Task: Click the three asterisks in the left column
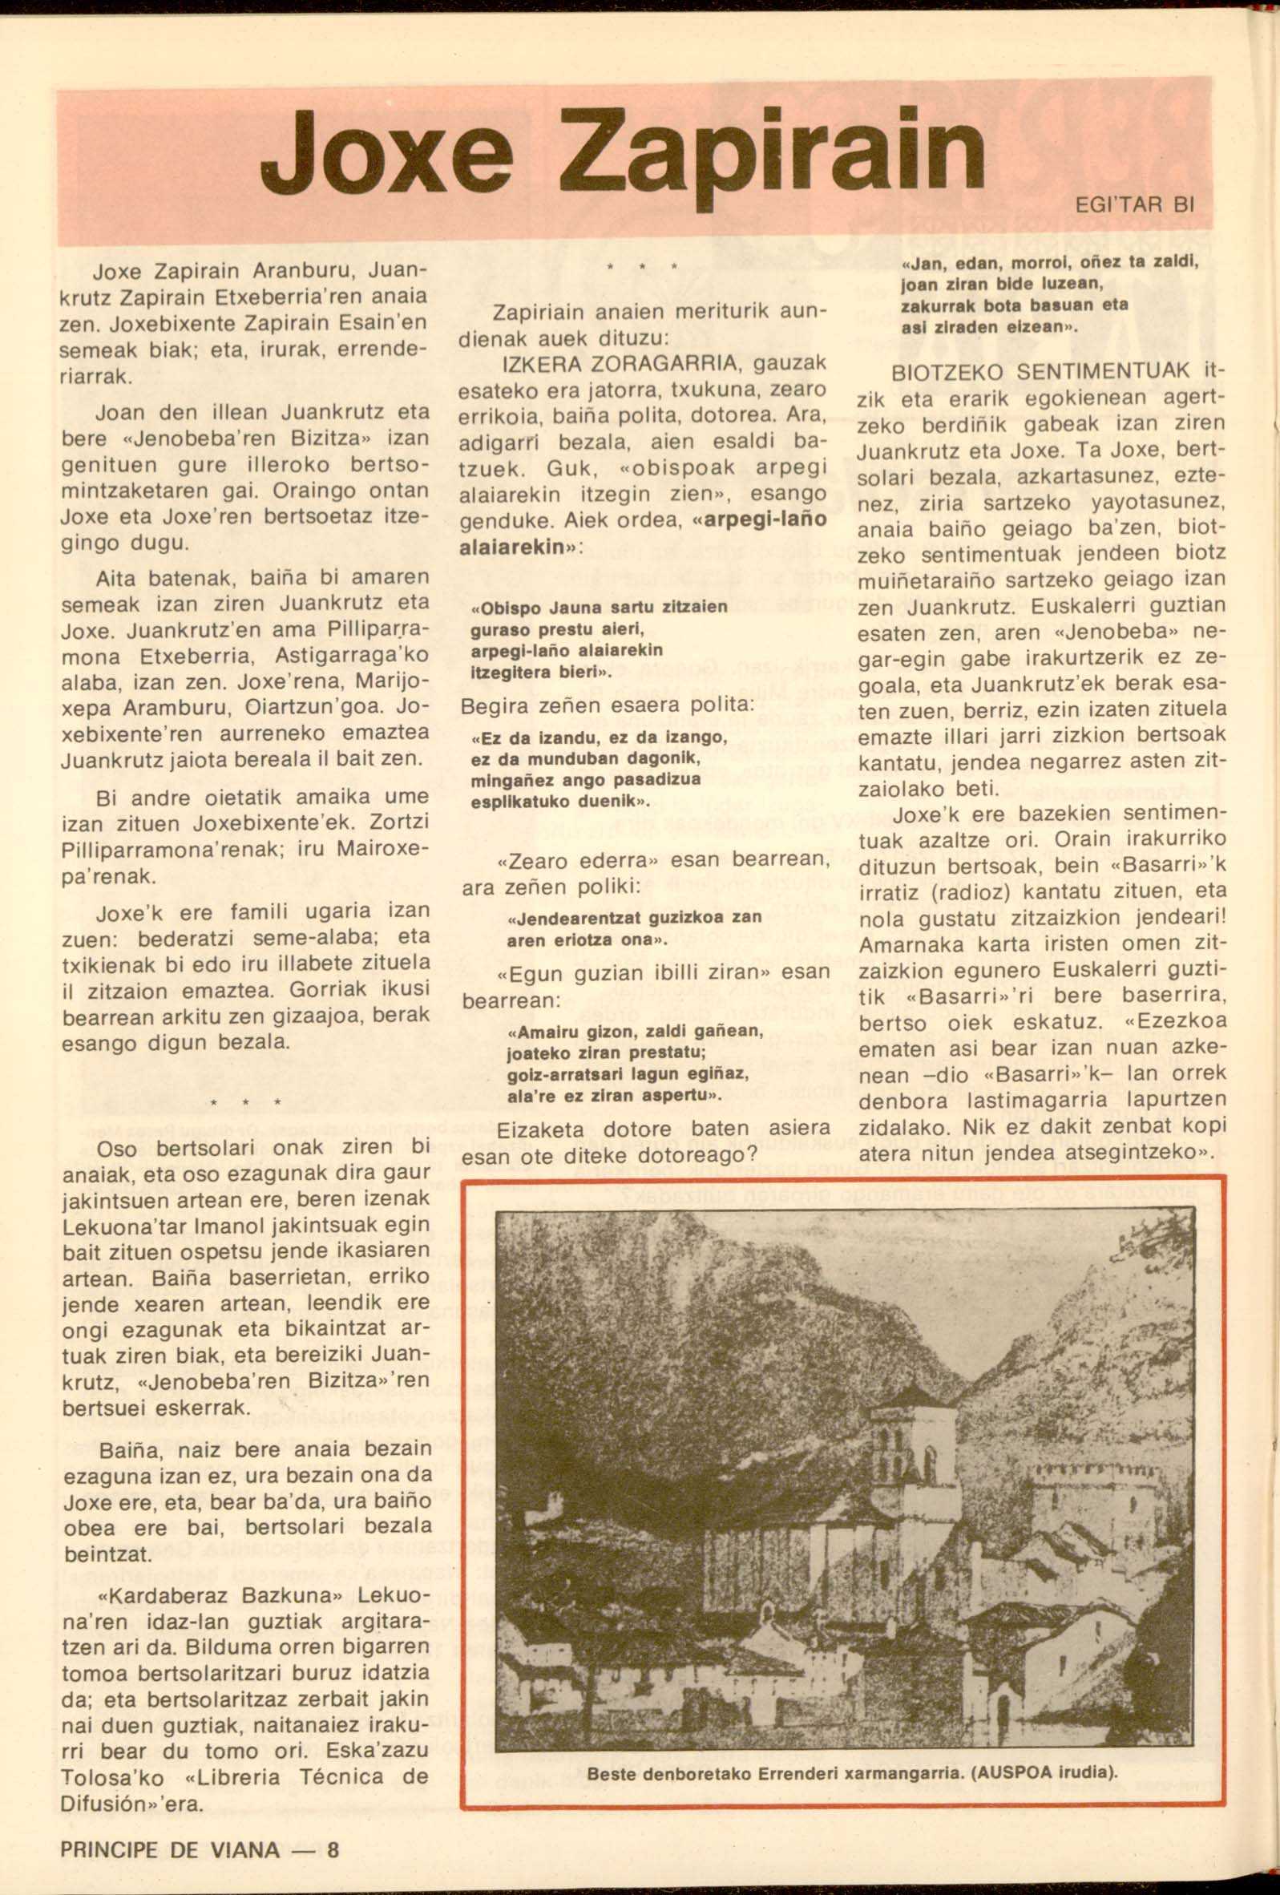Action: point(244,1103)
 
